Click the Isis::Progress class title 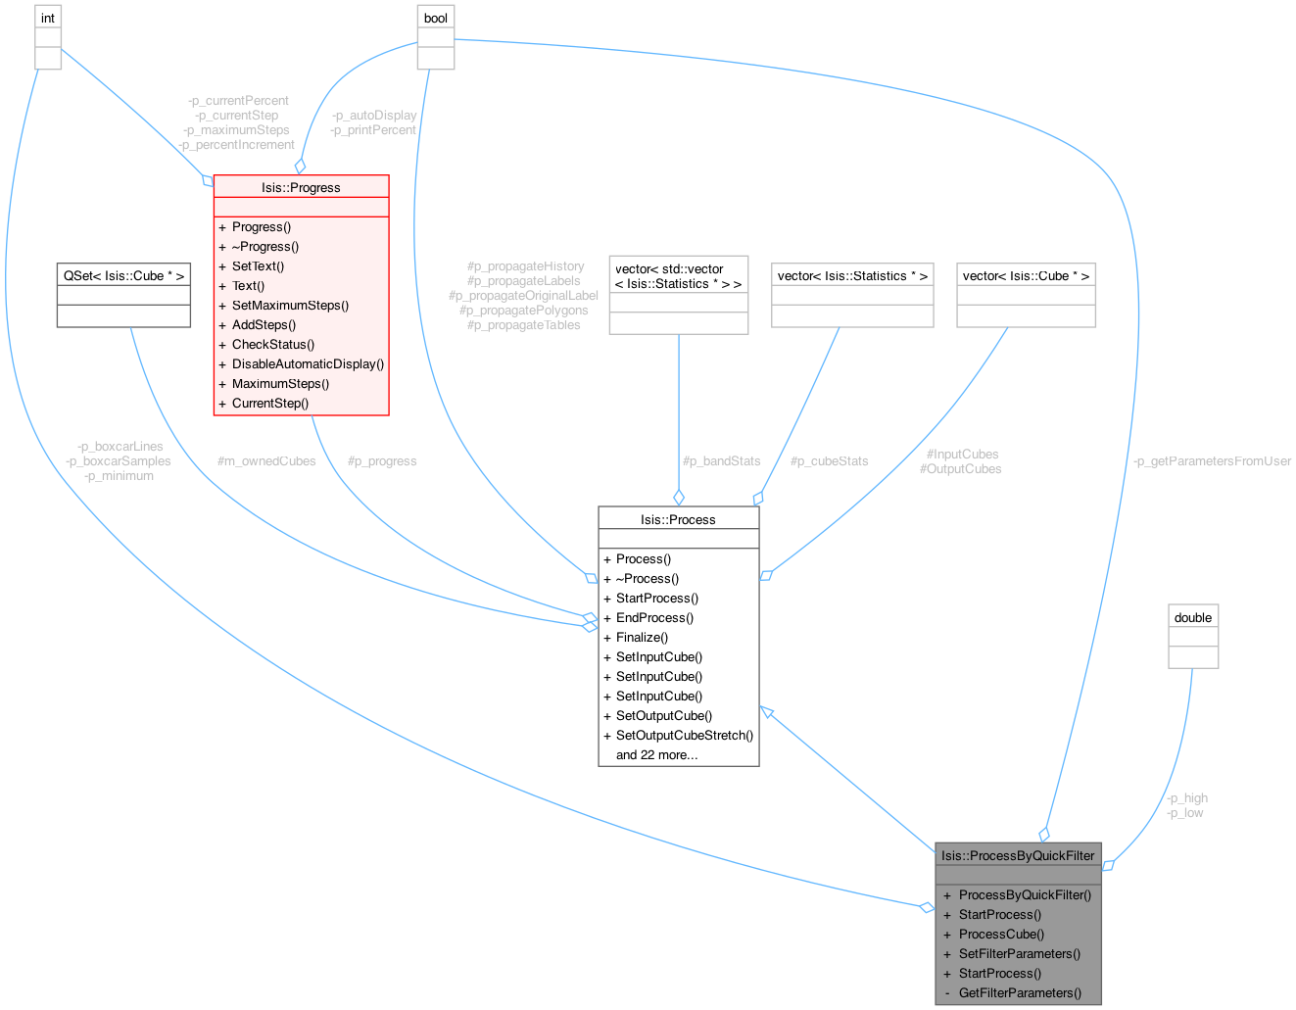tap(301, 187)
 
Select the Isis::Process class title tap(678, 519)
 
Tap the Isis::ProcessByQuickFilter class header tap(1018, 855)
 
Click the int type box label tap(48, 18)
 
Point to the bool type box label tap(436, 18)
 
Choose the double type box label tap(1193, 617)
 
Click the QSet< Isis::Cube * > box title tap(124, 275)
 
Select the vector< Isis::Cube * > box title tap(1026, 275)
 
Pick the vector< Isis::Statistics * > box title tap(852, 275)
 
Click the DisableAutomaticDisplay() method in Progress tap(308, 363)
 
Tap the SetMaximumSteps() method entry tap(290, 305)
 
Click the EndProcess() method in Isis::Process tap(654, 617)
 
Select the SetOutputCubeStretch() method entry tap(684, 735)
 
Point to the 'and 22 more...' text tap(656, 754)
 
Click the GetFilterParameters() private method tap(1020, 992)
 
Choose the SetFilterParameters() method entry tap(1019, 953)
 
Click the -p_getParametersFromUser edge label tap(1212, 460)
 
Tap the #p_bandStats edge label tap(721, 460)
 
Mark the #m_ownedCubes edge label tap(266, 460)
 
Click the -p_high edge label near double tap(1187, 797)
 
